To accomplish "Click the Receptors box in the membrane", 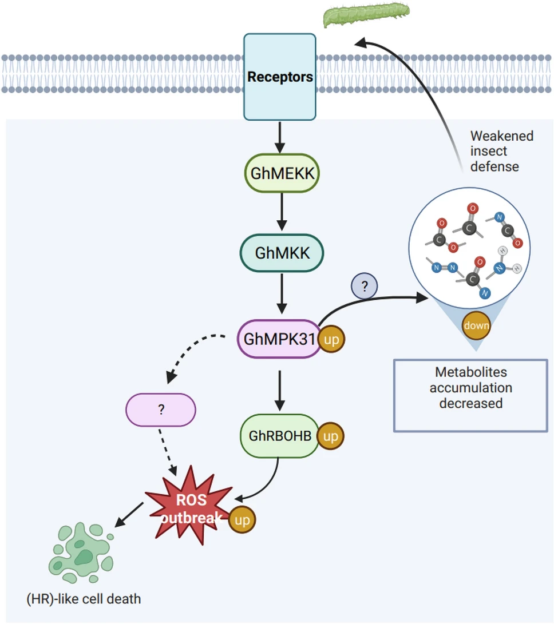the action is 280,77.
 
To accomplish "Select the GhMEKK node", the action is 282,173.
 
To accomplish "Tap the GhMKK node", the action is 282,253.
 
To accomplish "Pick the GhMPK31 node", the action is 279,339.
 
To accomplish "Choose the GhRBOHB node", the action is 280,436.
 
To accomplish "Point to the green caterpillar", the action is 366,14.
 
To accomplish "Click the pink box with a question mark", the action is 161,410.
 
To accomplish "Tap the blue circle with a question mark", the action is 365,286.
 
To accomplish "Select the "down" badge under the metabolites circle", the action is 476,325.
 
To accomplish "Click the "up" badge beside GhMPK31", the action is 331,340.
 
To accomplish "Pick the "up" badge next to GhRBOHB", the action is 331,436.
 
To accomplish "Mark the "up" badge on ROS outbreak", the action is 242,520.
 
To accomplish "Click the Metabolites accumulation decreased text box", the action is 471,396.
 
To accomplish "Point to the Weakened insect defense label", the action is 501,151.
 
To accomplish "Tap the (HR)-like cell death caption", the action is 84,599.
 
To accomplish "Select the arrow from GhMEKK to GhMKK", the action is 282,212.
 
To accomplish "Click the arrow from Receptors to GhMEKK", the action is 280,137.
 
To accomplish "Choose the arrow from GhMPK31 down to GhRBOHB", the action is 280,391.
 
